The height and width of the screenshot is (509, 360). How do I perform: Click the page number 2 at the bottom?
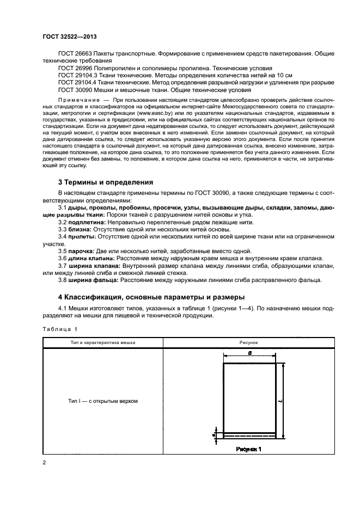coord(44,463)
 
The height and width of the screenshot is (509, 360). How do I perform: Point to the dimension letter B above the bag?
coord(249,353)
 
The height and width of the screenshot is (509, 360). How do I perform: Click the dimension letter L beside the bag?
coord(288,400)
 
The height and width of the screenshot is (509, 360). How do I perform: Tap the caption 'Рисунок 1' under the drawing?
coord(249,449)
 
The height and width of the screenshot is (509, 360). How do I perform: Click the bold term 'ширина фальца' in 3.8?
coord(93,280)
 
